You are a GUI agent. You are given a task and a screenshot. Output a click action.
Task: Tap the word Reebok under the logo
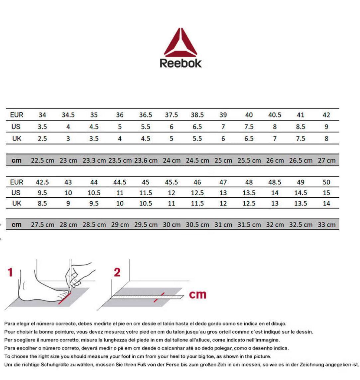click(180, 63)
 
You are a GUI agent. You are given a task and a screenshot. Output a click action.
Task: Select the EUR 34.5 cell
click(68, 115)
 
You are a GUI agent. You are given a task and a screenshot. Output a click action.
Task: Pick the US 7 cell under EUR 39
click(223, 127)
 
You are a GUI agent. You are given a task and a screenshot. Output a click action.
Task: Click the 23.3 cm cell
click(94, 160)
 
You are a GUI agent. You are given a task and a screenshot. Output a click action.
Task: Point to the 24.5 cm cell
click(197, 160)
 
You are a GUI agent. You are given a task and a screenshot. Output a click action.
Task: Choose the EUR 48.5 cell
click(275, 182)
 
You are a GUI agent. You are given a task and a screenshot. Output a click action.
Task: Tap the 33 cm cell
click(326, 225)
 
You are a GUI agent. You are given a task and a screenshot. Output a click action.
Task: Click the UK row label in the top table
click(17, 138)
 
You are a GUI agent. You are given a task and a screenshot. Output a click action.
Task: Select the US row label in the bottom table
click(16, 193)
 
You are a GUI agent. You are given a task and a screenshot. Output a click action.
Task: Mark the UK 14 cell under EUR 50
click(326, 203)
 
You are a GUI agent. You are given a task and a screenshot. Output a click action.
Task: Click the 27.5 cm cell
click(43, 225)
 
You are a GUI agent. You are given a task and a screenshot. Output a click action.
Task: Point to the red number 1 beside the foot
click(10, 273)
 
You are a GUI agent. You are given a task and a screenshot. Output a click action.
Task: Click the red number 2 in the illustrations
click(117, 273)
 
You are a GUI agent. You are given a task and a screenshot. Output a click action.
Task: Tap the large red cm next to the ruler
click(198, 294)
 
